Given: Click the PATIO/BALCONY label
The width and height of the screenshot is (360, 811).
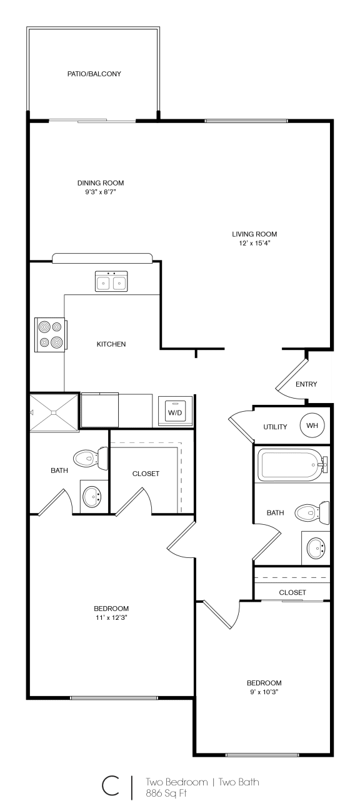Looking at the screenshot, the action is (x=94, y=74).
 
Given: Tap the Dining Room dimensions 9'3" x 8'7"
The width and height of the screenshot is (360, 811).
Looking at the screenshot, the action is (x=101, y=192).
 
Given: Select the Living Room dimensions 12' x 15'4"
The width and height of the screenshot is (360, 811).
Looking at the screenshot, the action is (x=254, y=243).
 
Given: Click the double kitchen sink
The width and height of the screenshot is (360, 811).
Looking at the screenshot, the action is (x=111, y=281).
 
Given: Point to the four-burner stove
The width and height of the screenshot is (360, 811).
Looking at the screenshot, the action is (x=51, y=334).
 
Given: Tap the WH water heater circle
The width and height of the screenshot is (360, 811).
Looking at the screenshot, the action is (x=312, y=425).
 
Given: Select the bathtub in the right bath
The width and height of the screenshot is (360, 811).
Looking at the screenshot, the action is (x=292, y=465).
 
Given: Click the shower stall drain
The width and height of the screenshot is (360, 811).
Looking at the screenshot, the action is (x=54, y=412).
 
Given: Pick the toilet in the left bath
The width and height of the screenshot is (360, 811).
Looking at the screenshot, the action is (x=91, y=459).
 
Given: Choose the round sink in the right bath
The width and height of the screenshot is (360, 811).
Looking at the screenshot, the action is (x=316, y=548).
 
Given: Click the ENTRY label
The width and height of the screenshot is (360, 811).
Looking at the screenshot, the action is (x=306, y=384).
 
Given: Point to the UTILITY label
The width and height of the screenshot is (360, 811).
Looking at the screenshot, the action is (x=275, y=427).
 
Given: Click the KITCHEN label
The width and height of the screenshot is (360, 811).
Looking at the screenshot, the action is (x=111, y=344).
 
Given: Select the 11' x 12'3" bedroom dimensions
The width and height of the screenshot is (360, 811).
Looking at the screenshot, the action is (x=111, y=618).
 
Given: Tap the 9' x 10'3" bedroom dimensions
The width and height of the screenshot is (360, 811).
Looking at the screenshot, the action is (x=264, y=692).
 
